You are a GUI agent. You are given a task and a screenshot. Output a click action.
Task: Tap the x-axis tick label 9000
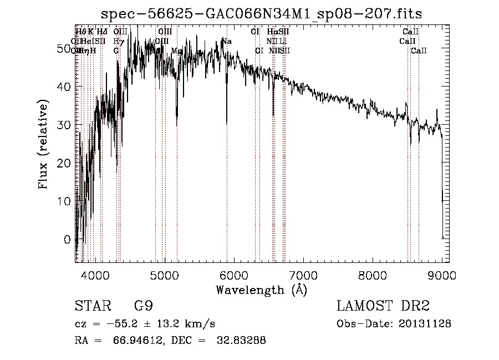coord(441,275)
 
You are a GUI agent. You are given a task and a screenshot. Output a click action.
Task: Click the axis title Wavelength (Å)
coord(261,290)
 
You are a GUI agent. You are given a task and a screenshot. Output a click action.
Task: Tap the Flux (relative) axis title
coord(44,144)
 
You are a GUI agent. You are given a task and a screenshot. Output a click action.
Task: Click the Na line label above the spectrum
coord(227,41)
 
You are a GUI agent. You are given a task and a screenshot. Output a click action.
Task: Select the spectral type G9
coord(142,306)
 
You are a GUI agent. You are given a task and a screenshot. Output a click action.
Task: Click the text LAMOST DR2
coord(383,306)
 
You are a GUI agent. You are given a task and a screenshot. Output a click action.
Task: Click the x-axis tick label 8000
coord(372,275)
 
